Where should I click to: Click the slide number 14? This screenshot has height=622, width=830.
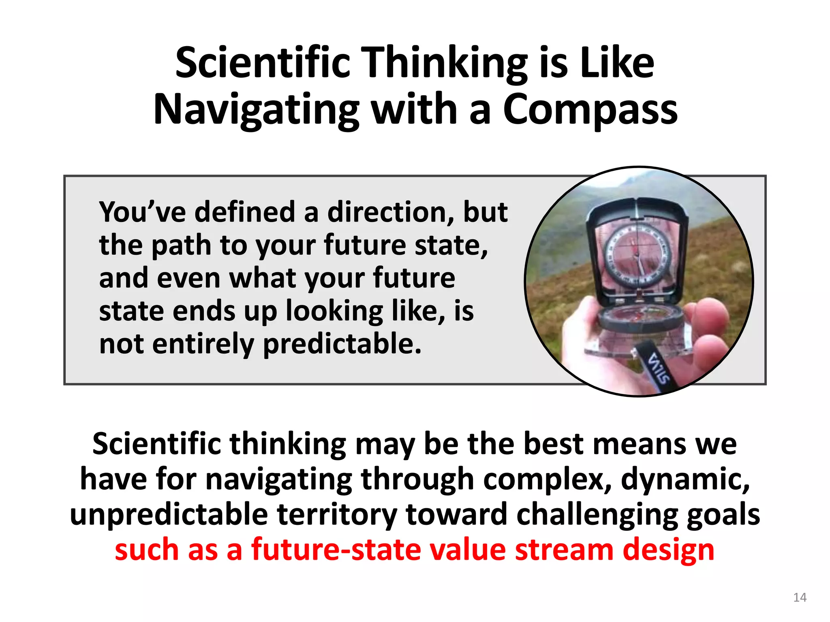(x=800, y=597)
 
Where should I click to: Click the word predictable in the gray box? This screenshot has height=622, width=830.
(x=342, y=344)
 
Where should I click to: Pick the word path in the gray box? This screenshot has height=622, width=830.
(x=182, y=245)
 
